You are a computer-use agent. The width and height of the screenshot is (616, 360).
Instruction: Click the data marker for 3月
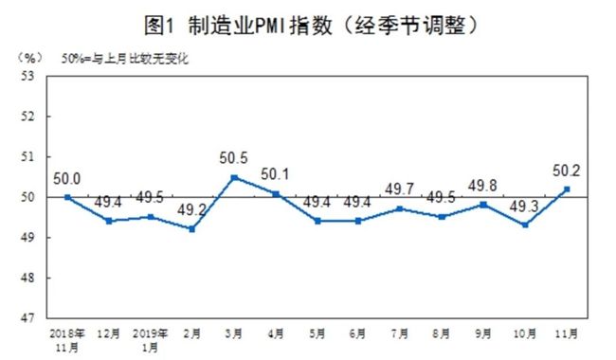[234, 177]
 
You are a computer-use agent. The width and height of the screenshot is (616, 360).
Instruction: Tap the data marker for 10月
[524, 225]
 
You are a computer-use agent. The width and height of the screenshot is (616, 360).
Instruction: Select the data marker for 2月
[192, 228]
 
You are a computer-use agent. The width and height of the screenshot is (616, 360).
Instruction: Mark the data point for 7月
[400, 208]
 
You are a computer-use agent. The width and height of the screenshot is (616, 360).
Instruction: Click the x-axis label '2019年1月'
[151, 341]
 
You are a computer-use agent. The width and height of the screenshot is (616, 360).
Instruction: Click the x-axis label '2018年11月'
[67, 341]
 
